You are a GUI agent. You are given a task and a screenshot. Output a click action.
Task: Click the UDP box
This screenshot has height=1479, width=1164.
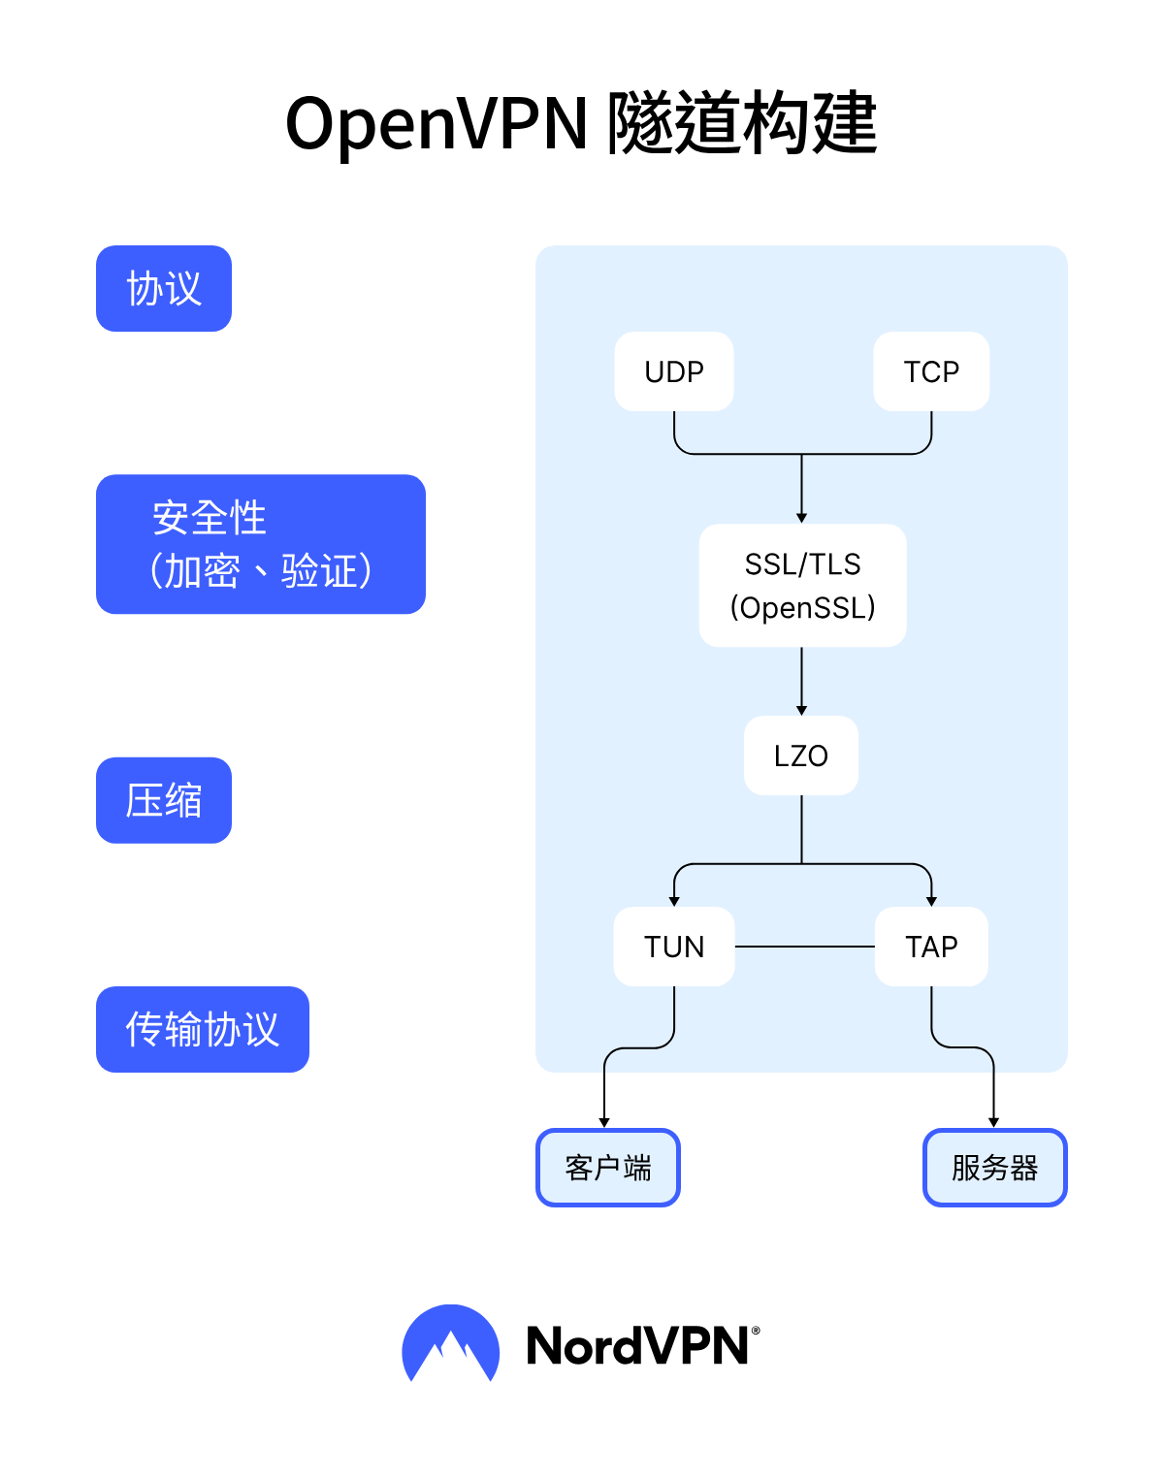[x=674, y=371]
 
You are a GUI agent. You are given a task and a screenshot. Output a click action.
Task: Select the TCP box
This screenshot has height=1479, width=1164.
[x=931, y=371]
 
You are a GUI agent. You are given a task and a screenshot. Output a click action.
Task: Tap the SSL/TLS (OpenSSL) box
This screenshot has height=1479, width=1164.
[x=802, y=586]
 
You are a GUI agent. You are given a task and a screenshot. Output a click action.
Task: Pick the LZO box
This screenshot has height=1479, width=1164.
[x=801, y=756]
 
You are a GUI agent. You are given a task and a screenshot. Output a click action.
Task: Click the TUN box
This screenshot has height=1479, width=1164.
[x=674, y=947]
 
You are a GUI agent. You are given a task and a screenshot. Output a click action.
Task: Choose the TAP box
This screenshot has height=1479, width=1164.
[x=931, y=947]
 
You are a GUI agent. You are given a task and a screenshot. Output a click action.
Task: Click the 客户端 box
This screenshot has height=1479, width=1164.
[x=608, y=1168]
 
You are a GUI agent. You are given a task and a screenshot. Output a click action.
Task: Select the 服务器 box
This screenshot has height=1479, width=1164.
[x=994, y=1168]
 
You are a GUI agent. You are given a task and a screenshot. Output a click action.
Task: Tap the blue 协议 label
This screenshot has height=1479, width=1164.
[x=164, y=289]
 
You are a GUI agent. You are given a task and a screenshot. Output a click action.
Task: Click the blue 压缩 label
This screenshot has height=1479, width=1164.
[x=164, y=800]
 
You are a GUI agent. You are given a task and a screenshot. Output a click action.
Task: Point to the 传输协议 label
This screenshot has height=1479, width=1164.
[x=203, y=1029]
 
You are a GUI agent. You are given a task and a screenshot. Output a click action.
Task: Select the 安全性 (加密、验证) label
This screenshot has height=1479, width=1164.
[x=261, y=544]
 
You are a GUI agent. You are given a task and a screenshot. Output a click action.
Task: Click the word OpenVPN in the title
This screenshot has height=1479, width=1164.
[x=436, y=125]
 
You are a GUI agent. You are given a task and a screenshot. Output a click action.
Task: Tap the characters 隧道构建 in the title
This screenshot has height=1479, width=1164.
[x=742, y=125]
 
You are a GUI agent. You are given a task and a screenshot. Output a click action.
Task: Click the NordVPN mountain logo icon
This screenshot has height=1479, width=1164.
[x=450, y=1344]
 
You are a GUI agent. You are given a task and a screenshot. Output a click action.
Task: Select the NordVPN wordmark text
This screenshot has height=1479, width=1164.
[x=637, y=1346]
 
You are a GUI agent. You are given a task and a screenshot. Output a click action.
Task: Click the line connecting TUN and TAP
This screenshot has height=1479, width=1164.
[x=805, y=947]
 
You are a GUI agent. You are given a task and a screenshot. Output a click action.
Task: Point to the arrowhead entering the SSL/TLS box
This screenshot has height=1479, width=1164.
[x=801, y=518]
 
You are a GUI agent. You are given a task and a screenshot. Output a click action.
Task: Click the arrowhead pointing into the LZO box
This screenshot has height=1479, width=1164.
[x=801, y=710]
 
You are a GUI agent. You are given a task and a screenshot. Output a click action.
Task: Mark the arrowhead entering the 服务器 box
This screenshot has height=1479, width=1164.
[x=993, y=1122]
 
